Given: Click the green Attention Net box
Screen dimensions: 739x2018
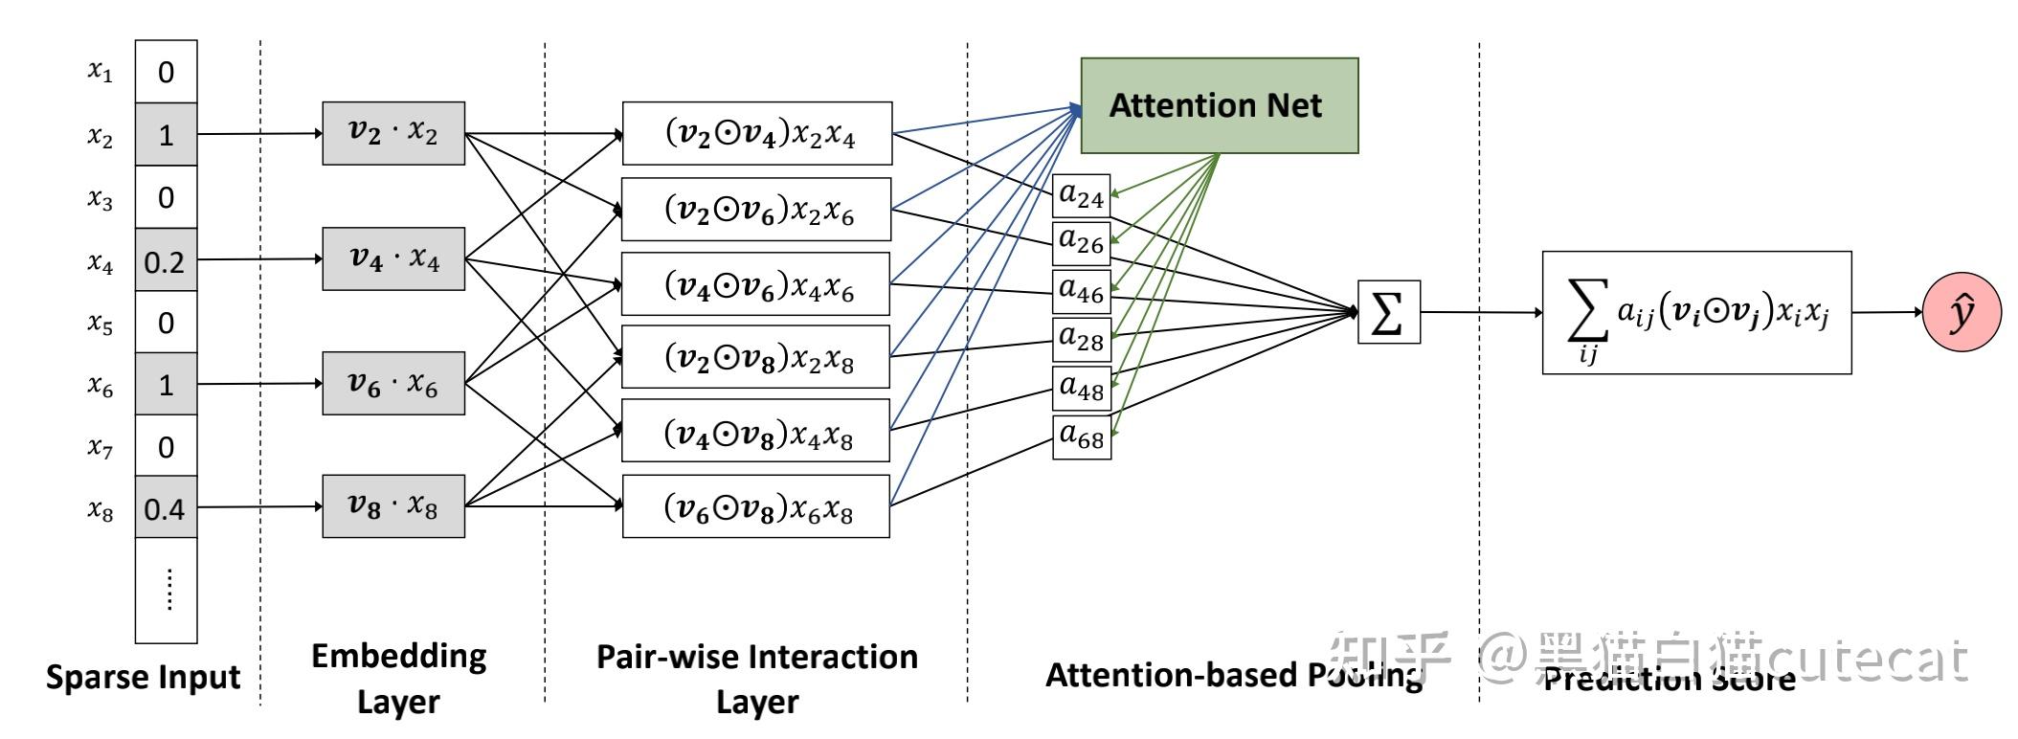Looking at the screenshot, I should pos(1219,105).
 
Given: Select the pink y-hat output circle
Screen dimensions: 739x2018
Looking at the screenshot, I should pos(1962,312).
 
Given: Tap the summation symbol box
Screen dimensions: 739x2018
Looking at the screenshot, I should pos(1388,312).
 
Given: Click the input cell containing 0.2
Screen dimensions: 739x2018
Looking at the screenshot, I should pos(166,260).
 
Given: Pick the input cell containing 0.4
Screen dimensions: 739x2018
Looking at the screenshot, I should pos(166,508).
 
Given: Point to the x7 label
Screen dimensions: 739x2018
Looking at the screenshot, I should pos(101,446).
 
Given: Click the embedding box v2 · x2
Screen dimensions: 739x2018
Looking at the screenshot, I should pos(393,133).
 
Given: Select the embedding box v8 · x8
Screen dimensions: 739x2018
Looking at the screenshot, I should pos(393,505).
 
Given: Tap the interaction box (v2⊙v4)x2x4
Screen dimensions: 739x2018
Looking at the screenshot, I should pos(757,134).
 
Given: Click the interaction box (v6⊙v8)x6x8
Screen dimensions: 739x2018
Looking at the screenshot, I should pos(756,506).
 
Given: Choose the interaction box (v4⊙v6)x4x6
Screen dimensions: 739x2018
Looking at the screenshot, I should pos(756,284).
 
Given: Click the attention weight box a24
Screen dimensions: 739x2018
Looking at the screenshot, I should pos(1082,196).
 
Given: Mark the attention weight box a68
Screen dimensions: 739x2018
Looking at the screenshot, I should pos(1082,437).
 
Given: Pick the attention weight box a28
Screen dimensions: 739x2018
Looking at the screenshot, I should pos(1082,338).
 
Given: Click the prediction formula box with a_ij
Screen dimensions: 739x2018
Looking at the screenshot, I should pos(1696,313).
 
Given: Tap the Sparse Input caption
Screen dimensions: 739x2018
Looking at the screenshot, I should pos(144,677).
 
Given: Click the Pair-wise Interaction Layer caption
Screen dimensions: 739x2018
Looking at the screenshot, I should pos(756,678).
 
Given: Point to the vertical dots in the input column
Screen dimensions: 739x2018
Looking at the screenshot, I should pos(168,589).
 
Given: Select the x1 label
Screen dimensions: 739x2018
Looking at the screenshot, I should pos(101,71).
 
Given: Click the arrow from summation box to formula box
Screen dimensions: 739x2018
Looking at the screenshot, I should pos(1480,312).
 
